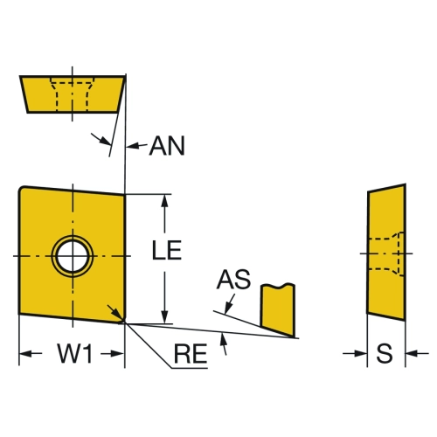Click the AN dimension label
[167, 146]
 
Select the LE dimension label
[167, 250]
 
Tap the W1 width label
[75, 353]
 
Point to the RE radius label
[191, 354]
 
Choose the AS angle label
[233, 280]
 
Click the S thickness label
[384, 353]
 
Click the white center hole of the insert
[73, 256]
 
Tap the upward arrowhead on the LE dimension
[164, 201]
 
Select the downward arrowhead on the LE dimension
[164, 316]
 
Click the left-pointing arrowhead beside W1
[26, 354]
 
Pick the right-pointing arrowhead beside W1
[117, 354]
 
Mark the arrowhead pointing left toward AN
[133, 146]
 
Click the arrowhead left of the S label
[360, 354]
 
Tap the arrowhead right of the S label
[413, 354]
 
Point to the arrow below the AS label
[230, 304]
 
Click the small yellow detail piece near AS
[278, 309]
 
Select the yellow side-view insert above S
[386, 253]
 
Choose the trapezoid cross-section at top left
[73, 94]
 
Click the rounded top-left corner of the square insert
[22, 190]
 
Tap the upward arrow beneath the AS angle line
[224, 344]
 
